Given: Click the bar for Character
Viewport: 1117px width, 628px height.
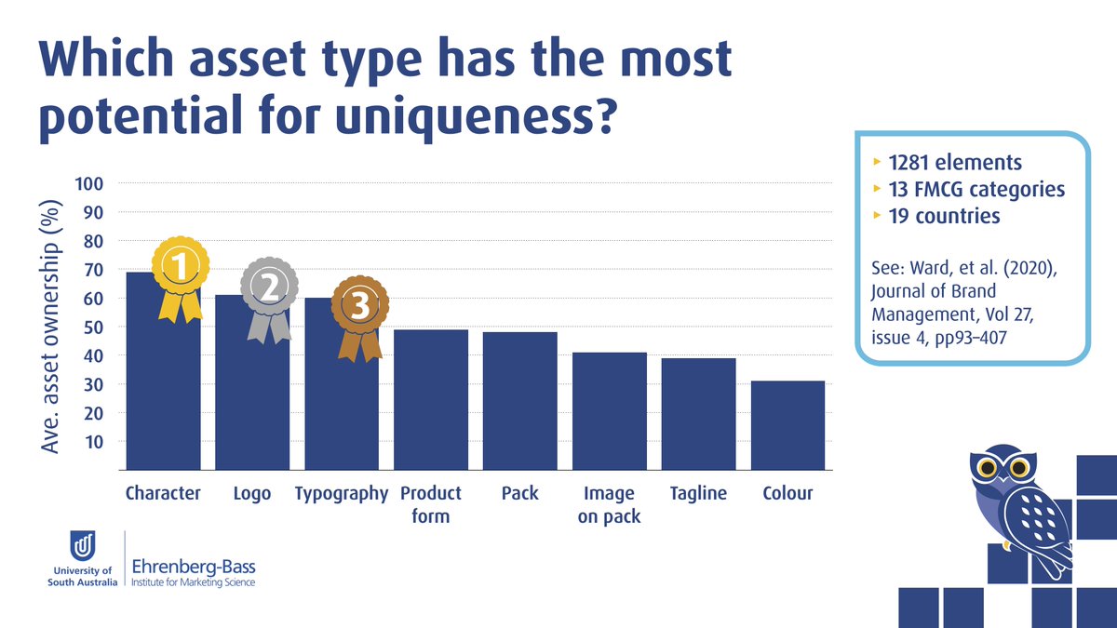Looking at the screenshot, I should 163,391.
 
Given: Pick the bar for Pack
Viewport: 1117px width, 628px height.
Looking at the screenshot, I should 519,401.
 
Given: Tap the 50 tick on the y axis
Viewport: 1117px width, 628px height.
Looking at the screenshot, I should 93,327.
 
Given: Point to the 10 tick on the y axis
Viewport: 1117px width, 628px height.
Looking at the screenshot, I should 93,442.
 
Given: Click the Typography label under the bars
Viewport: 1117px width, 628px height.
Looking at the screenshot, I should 341,493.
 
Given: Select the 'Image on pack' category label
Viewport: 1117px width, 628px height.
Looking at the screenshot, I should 609,504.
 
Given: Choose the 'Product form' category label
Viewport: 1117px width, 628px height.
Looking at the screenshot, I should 431,504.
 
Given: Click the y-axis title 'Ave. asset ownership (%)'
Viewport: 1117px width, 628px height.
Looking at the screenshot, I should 52,326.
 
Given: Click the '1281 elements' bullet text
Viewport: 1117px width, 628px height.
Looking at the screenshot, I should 955,163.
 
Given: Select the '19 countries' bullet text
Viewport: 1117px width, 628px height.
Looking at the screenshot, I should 944,216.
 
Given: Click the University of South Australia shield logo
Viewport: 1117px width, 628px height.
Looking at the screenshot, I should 83,544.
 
